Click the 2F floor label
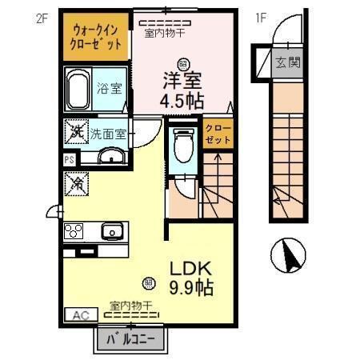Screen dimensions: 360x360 pyautogui.click(x=41, y=17)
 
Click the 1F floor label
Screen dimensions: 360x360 pyautogui.click(x=260, y=17)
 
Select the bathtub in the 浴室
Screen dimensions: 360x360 pyautogui.click(x=78, y=90)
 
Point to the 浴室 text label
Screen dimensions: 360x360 pyautogui.click(x=110, y=89)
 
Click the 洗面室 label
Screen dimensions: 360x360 pyautogui.click(x=107, y=134)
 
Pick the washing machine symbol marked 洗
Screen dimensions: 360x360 pyautogui.click(x=78, y=131)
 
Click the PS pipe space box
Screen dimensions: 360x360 pyautogui.click(x=69, y=159)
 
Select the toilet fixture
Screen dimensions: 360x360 pyautogui.click(x=182, y=146)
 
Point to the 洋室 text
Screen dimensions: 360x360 pyautogui.click(x=182, y=80)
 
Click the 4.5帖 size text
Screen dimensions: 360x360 pyautogui.click(x=182, y=102)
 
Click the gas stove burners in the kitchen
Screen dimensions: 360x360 pyautogui.click(x=74, y=232)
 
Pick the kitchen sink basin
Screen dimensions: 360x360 pyautogui.click(x=112, y=232)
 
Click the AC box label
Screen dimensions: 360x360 pyautogui.click(x=81, y=315)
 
